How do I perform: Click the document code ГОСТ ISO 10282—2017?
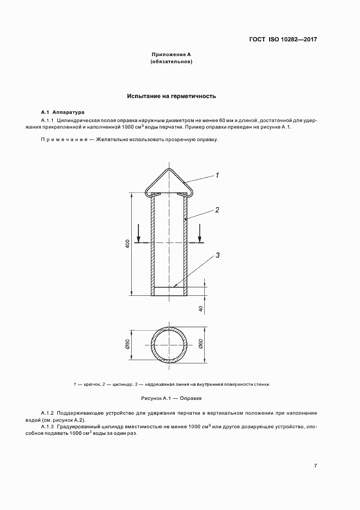click(x=283, y=40)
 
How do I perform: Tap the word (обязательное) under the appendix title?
click(x=172, y=62)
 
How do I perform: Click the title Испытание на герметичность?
click(x=172, y=96)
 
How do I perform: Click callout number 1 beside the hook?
click(x=217, y=175)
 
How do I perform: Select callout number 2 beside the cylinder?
click(x=217, y=209)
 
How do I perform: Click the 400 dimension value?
click(x=127, y=245)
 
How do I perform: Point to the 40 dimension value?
click(x=201, y=309)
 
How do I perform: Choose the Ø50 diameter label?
click(x=127, y=345)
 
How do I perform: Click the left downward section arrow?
click(x=139, y=235)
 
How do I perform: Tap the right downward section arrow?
click(x=200, y=235)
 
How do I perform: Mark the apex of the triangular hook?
click(x=169, y=169)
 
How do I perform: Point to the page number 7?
click(x=315, y=465)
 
